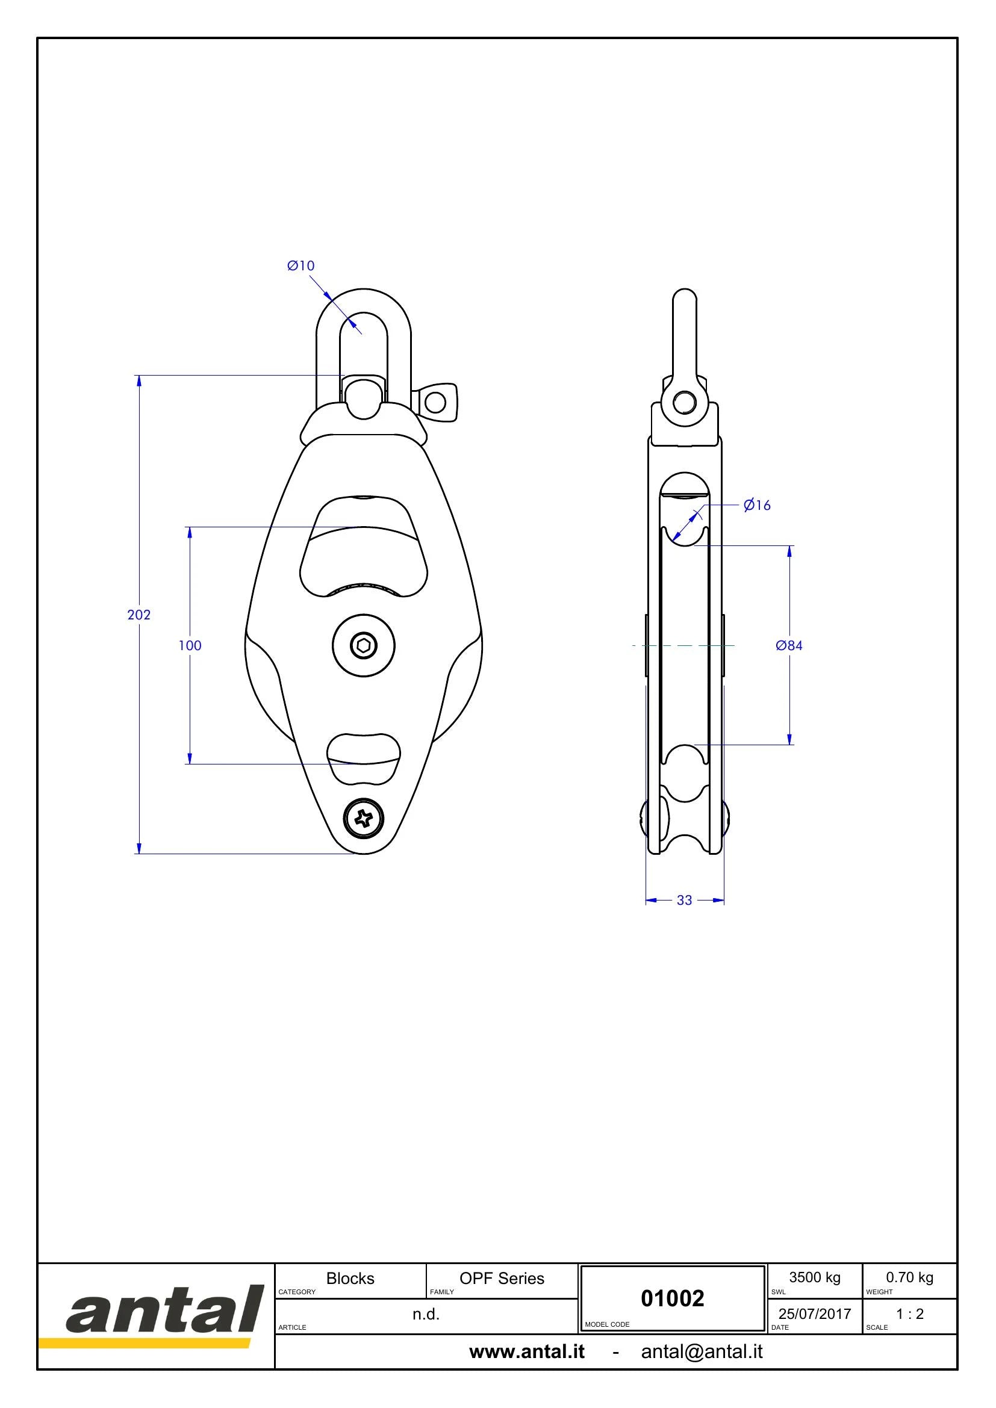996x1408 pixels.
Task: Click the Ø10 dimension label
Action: pyautogui.click(x=300, y=265)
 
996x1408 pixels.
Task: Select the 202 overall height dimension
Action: pyautogui.click(x=139, y=615)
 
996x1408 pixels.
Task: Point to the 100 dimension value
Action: pyautogui.click(x=190, y=645)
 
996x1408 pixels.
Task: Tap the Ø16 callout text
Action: pyautogui.click(x=757, y=505)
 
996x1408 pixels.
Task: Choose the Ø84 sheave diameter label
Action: pyautogui.click(x=789, y=645)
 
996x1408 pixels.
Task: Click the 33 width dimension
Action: pyautogui.click(x=685, y=900)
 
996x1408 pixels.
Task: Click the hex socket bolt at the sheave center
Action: pyautogui.click(x=364, y=645)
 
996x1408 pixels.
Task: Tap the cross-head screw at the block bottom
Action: pyautogui.click(x=364, y=817)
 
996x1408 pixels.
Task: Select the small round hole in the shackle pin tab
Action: pyautogui.click(x=435, y=403)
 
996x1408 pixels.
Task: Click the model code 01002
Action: pyautogui.click(x=672, y=1298)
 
